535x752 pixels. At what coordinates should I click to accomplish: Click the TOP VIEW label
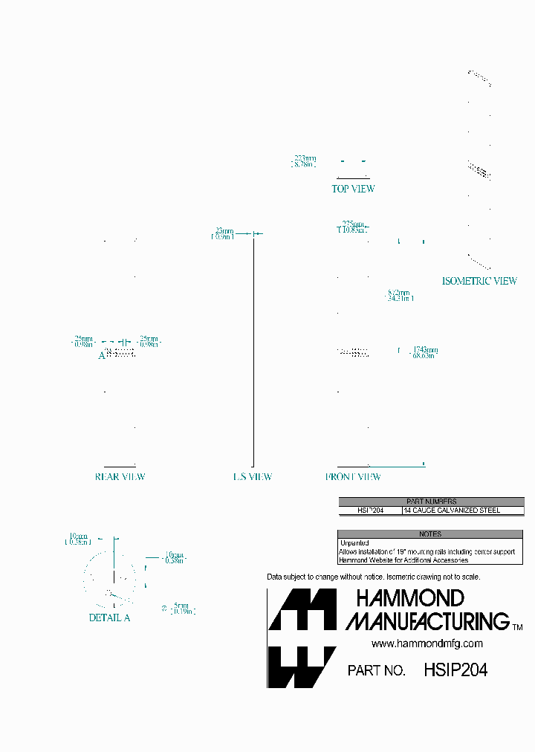353,189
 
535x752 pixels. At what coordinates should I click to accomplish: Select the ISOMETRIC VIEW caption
479,281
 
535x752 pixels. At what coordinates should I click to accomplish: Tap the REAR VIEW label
120,477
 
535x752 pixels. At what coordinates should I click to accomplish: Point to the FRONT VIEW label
353,477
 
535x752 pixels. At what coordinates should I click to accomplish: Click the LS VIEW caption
253,477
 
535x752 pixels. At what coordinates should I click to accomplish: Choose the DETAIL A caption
109,618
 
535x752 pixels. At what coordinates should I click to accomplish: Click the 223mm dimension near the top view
304,158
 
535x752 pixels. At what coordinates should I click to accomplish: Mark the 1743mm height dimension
424,350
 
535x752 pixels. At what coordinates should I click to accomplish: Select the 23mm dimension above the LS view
224,230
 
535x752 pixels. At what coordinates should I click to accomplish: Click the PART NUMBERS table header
431,502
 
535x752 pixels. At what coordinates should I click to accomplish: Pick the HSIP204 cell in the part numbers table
370,511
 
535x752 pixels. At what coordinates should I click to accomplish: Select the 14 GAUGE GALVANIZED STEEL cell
452,511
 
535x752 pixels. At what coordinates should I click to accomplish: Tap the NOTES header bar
429,534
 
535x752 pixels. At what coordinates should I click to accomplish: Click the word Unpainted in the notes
354,543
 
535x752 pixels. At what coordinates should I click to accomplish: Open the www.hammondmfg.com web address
427,644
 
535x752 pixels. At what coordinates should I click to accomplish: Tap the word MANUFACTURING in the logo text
427,620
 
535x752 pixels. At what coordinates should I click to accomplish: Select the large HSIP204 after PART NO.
455,670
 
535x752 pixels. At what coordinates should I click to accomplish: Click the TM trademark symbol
517,628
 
